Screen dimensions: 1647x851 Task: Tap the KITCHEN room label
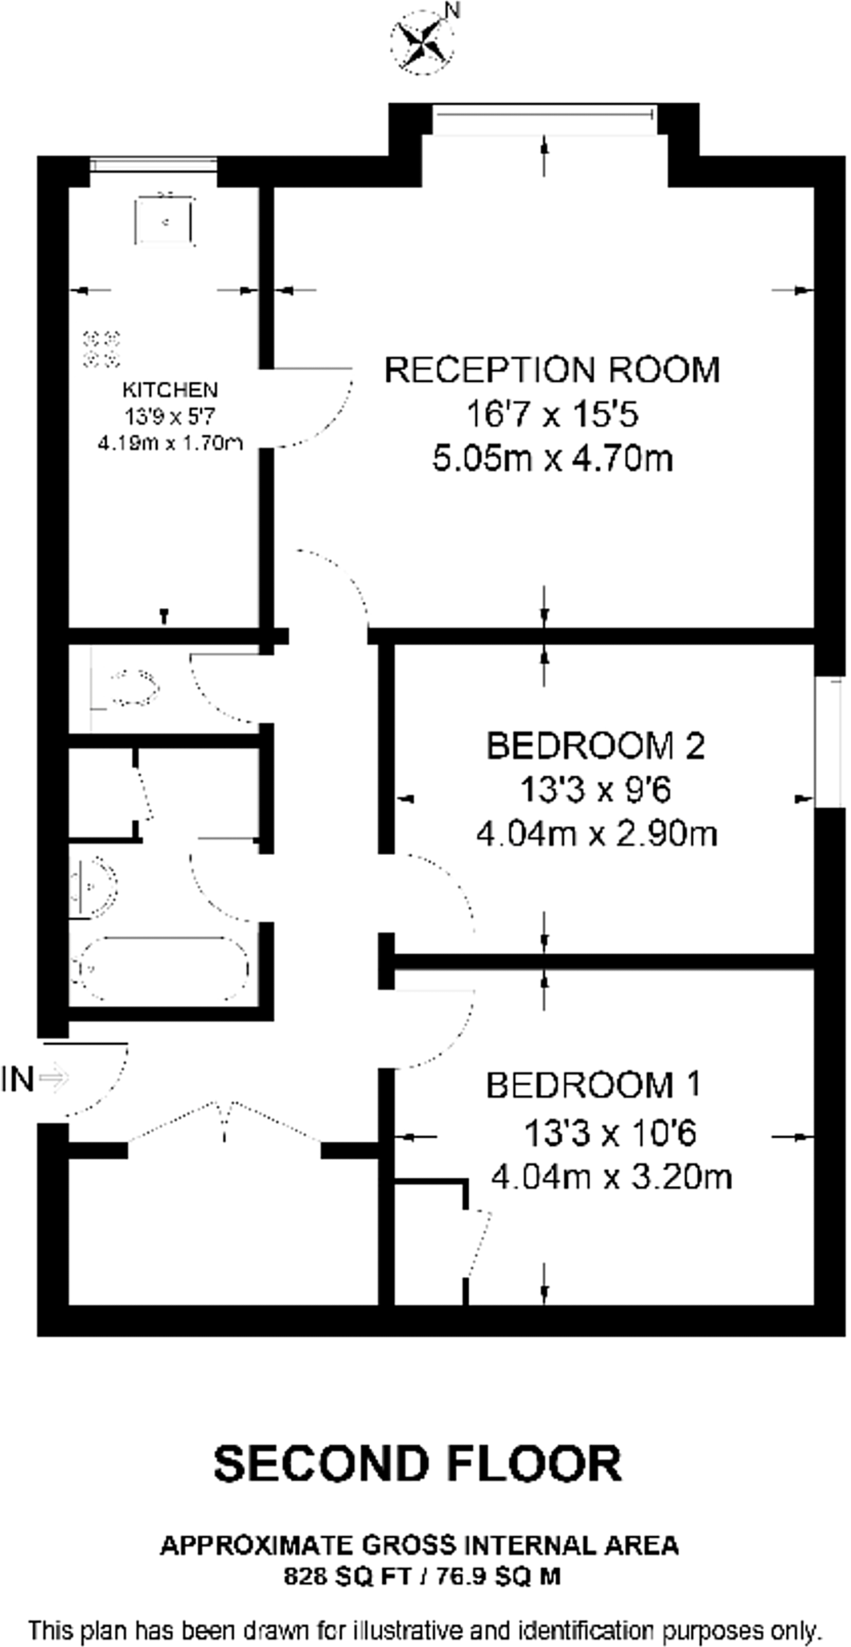coord(170,390)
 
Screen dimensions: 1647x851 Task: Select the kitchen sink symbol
coord(165,220)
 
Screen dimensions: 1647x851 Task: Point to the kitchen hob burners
coord(102,345)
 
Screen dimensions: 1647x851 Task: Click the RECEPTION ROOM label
coord(552,370)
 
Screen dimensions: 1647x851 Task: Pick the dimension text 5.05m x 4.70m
coord(553,459)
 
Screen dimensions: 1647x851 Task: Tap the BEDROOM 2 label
coord(595,746)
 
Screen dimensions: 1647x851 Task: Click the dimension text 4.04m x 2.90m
coord(597,834)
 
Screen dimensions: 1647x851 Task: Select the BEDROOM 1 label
coord(594,1086)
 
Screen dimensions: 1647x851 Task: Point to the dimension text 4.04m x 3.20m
coord(611,1178)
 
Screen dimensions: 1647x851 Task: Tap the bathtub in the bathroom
coord(161,967)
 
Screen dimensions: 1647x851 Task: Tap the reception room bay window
coord(545,119)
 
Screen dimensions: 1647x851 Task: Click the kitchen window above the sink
coord(153,165)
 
